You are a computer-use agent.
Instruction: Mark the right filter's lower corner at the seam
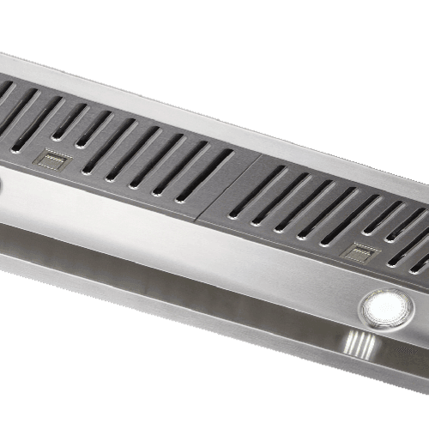tap(200, 216)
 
